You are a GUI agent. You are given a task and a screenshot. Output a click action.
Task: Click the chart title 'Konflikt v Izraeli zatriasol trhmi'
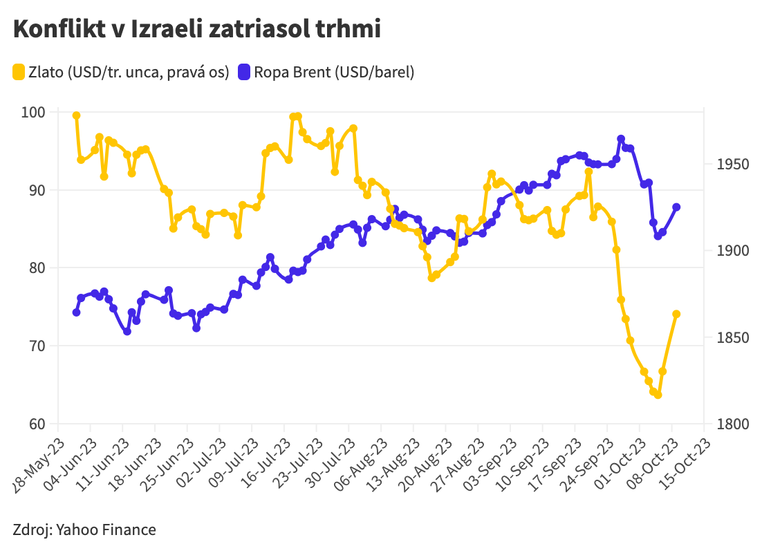pyautogui.click(x=196, y=30)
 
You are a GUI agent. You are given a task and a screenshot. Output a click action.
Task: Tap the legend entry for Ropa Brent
pyautogui.click(x=326, y=72)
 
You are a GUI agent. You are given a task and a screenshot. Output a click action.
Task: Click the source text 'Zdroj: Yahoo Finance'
pyautogui.click(x=84, y=530)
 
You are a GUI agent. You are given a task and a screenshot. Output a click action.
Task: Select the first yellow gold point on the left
pyautogui.click(x=76, y=115)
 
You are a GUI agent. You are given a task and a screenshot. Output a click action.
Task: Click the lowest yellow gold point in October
pyautogui.click(x=658, y=395)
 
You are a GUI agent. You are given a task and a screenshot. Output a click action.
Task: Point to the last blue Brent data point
pyautogui.click(x=676, y=207)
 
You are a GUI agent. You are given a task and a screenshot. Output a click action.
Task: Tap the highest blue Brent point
pyautogui.click(x=621, y=139)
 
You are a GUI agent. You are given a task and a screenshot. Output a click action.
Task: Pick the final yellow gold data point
pyautogui.click(x=676, y=314)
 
